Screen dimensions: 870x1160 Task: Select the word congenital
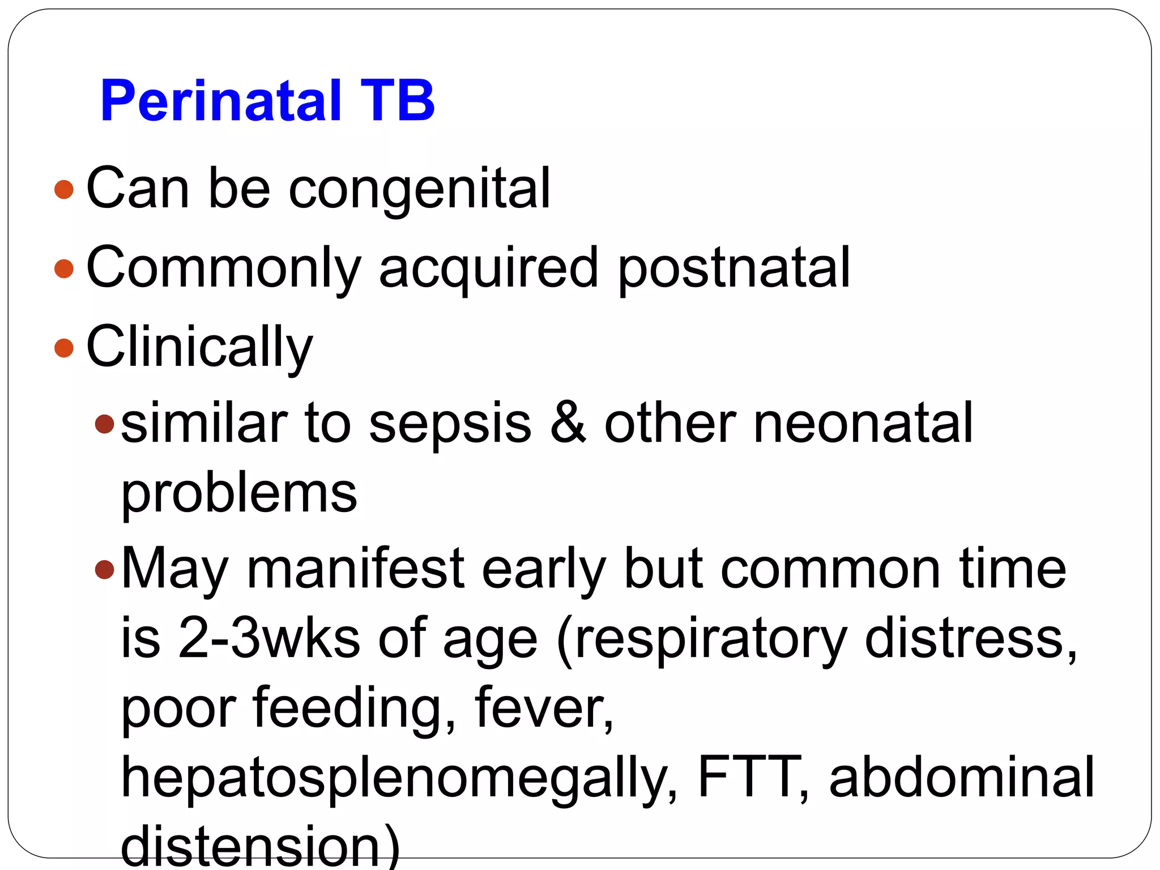pyautogui.click(x=419, y=190)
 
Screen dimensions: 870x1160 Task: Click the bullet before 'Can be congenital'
pyautogui.click(x=64, y=189)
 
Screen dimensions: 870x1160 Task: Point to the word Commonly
pyautogui.click(x=223, y=268)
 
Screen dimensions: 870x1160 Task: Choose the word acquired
pyautogui.click(x=488, y=268)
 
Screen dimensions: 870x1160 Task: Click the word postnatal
pyautogui.click(x=734, y=267)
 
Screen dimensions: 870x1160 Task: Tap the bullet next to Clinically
pyautogui.click(x=64, y=348)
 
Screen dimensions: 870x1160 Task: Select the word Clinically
pyautogui.click(x=199, y=348)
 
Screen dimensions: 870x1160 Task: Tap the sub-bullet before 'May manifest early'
pyautogui.click(x=105, y=569)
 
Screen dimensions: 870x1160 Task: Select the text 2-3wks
pyautogui.click(x=269, y=638)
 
